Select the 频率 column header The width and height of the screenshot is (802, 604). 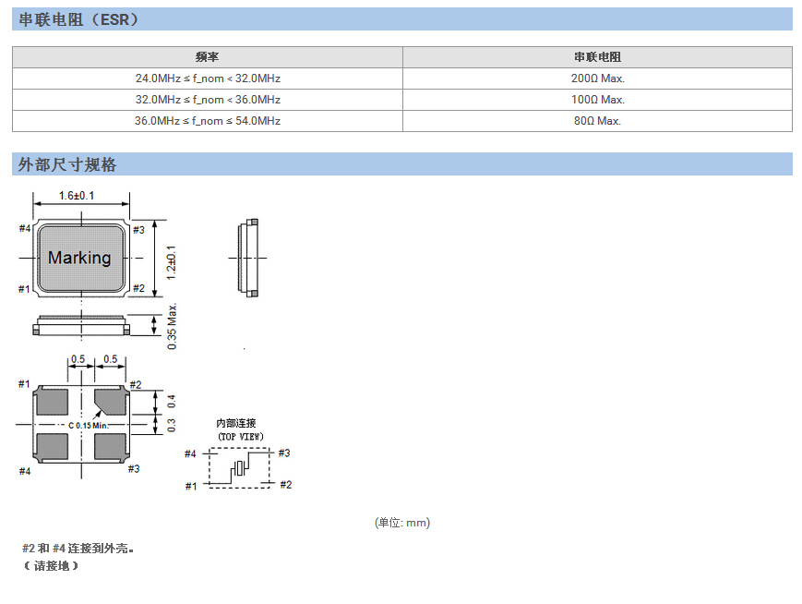[x=207, y=57]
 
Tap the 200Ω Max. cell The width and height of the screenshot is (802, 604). [x=597, y=79]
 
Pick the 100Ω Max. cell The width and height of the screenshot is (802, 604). [x=597, y=100]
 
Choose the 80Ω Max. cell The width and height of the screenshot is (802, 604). [x=597, y=121]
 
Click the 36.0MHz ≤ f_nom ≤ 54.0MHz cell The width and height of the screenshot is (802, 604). [x=207, y=121]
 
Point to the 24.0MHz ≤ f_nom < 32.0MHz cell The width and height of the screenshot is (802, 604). [x=207, y=79]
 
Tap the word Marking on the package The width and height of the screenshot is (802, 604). [x=79, y=258]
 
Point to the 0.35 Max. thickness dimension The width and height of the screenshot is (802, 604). [x=172, y=327]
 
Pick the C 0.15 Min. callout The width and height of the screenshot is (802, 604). [x=89, y=426]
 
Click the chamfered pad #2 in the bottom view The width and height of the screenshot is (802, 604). [x=111, y=401]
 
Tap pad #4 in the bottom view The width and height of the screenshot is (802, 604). [x=53, y=446]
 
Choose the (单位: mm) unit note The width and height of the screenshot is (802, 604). [x=401, y=523]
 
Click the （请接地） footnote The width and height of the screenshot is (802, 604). [x=51, y=565]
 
